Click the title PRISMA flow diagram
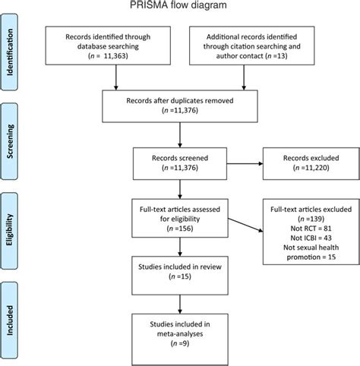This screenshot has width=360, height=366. (x=180, y=7)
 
